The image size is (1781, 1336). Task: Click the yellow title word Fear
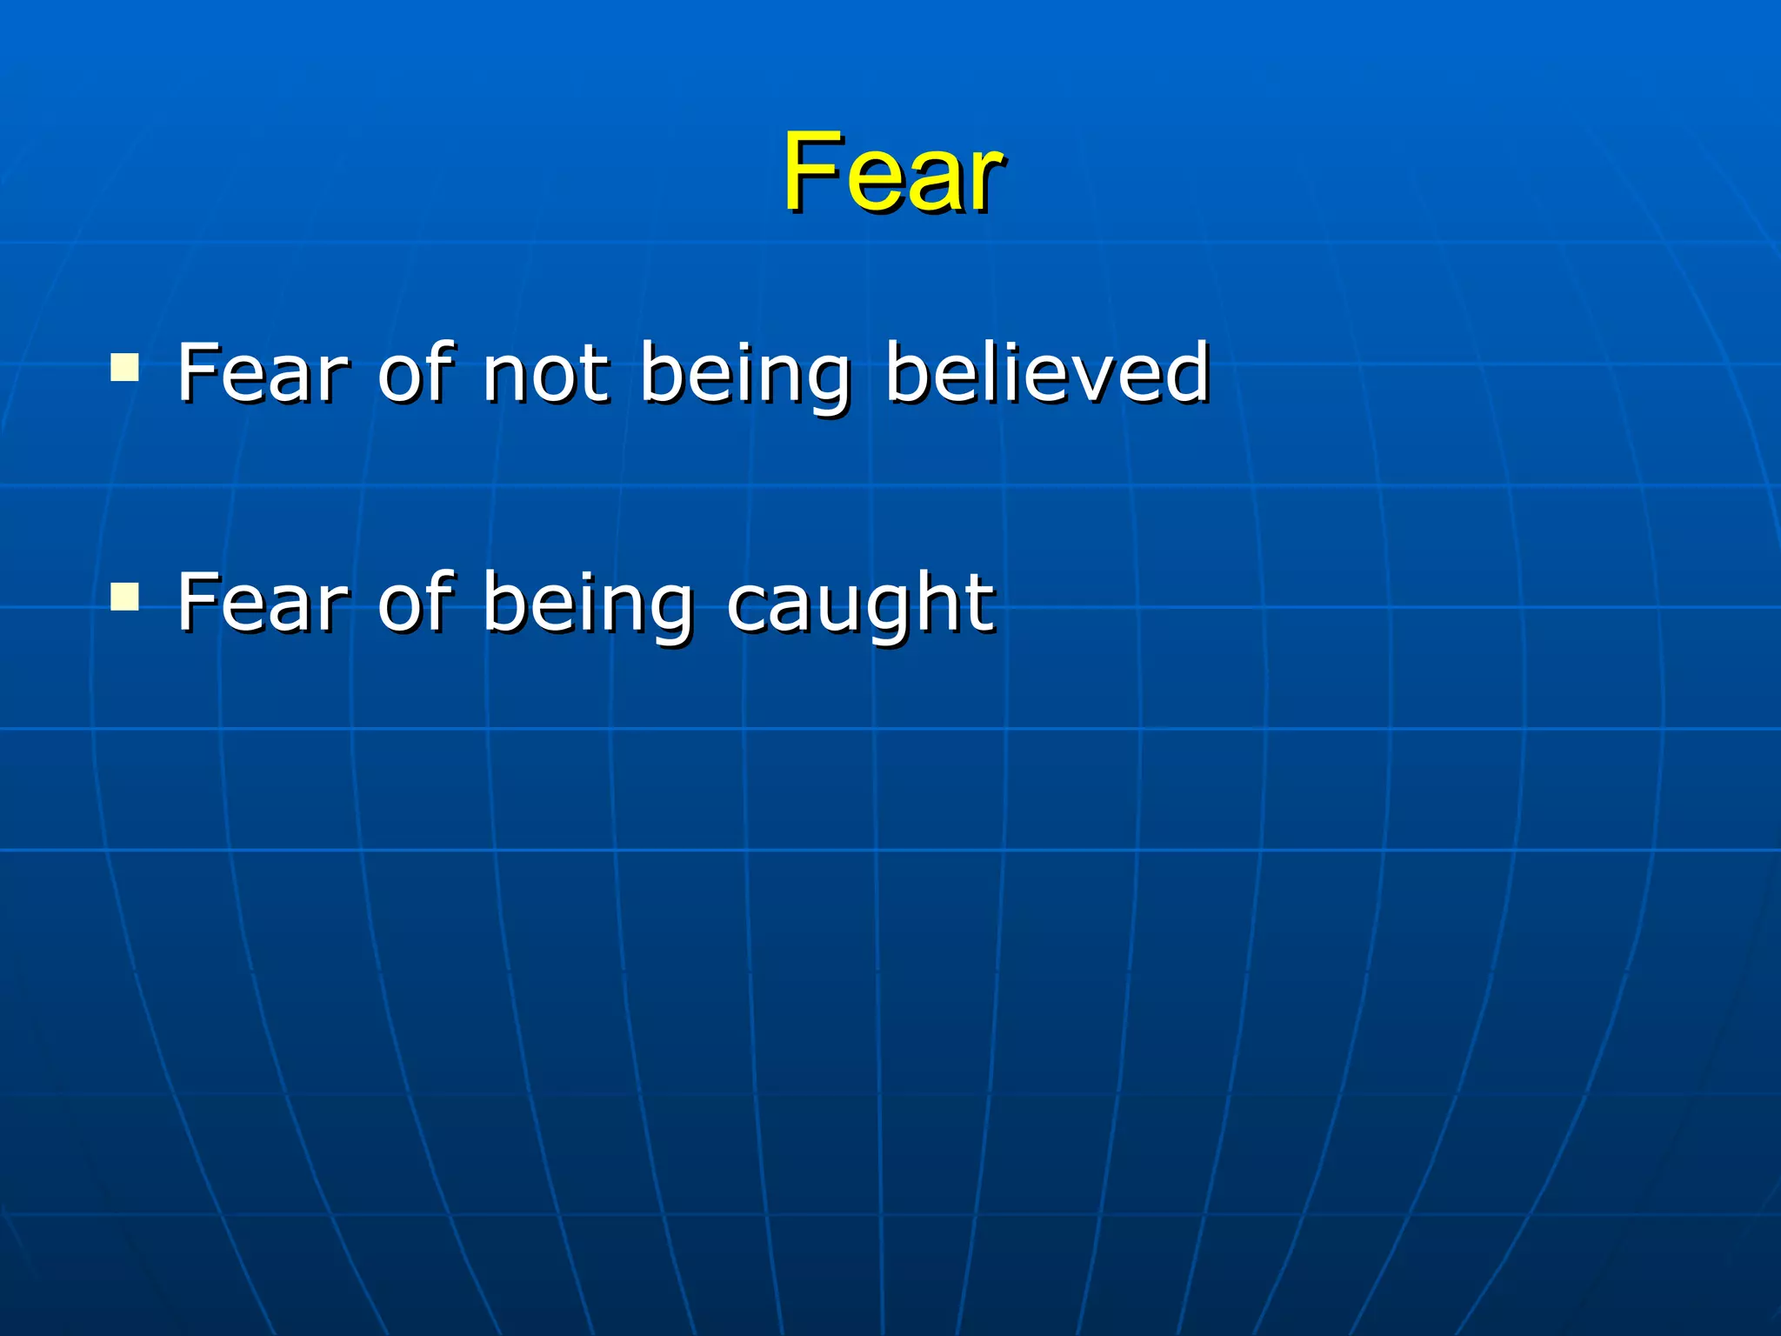892,171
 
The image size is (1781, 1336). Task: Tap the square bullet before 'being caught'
125,597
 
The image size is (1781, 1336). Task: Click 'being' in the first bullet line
745,374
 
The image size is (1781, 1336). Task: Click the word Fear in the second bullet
262,602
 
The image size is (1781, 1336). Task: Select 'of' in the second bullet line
416,602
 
